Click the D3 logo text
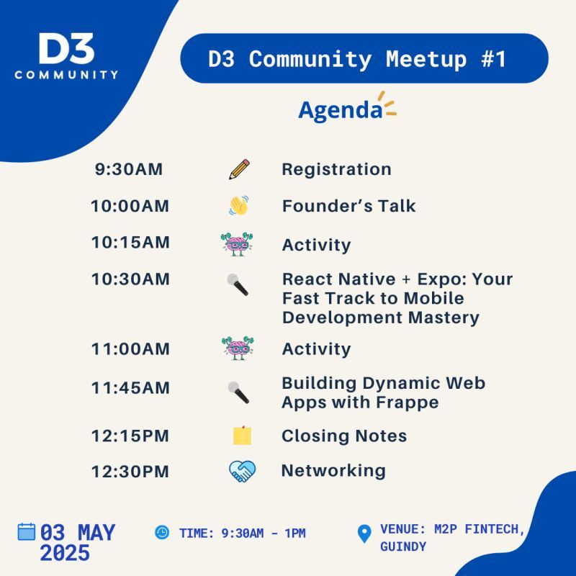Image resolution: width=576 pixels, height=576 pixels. click(66, 48)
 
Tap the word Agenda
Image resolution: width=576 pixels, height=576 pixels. click(341, 110)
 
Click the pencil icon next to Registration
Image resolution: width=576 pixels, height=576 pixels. click(239, 169)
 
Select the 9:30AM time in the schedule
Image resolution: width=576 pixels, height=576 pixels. click(129, 169)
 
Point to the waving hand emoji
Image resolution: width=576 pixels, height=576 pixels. click(239, 205)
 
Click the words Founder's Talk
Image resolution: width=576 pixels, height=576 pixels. click(348, 206)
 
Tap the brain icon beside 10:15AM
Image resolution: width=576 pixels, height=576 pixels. click(237, 244)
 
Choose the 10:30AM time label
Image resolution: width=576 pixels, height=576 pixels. click(130, 279)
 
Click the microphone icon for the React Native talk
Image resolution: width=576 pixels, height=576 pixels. click(238, 284)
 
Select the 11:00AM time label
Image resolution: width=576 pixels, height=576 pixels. click(130, 349)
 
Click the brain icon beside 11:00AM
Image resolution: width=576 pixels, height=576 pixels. click(238, 348)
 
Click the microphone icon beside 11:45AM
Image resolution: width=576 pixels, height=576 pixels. click(238, 392)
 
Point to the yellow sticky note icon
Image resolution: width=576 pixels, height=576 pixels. click(243, 436)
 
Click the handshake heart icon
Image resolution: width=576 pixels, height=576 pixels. click(242, 472)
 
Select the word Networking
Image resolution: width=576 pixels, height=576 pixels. click(333, 472)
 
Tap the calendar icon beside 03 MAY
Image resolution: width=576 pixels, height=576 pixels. click(27, 531)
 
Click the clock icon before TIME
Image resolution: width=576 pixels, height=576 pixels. click(162, 532)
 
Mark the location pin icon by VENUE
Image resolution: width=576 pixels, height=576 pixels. click(364, 534)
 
